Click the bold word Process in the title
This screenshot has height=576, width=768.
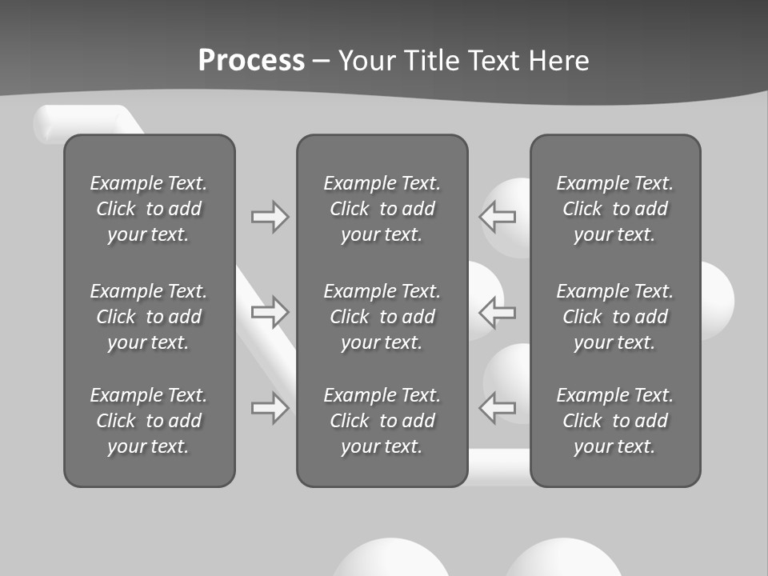coord(251,60)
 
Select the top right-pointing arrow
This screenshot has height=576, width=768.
coord(270,217)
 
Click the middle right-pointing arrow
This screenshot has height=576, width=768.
coord(270,312)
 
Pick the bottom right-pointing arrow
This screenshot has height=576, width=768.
coord(270,408)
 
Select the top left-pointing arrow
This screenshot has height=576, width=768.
coord(497,217)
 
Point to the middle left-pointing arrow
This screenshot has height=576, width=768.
coord(497,312)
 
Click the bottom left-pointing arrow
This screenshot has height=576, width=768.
coord(497,408)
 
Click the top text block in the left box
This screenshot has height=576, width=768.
coord(149,209)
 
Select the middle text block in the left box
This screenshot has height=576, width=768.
coord(149,317)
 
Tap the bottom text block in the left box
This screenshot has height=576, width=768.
coord(149,421)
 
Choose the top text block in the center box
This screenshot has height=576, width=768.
coord(382,209)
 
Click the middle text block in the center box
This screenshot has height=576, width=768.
coord(382,317)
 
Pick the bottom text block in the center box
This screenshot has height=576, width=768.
coord(382,421)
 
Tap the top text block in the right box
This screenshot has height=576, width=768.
coord(615,209)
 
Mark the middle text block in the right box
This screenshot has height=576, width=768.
coord(615,317)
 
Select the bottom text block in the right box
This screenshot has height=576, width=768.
coord(615,421)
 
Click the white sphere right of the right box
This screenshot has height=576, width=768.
coord(717,298)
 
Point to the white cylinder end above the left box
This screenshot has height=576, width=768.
coord(46,125)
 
